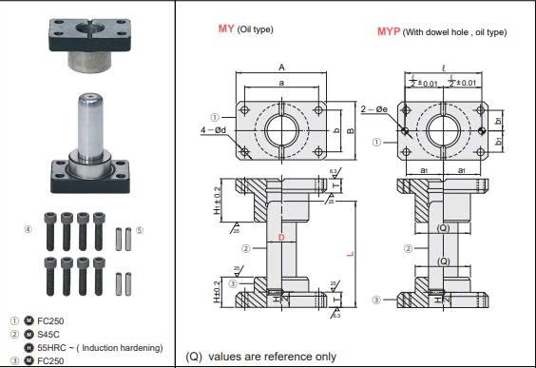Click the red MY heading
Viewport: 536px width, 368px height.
pyautogui.click(x=227, y=29)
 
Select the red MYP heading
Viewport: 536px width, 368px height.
pyautogui.click(x=388, y=31)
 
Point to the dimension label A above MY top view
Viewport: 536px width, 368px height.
pyautogui.click(x=282, y=67)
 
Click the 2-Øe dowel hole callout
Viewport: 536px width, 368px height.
pyautogui.click(x=373, y=109)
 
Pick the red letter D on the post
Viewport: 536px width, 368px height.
pyautogui.click(x=280, y=236)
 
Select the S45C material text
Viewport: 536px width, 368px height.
pyautogui.click(x=49, y=334)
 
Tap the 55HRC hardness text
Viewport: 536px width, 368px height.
pyautogui.click(x=95, y=348)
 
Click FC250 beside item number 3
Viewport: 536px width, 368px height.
pyautogui.click(x=51, y=360)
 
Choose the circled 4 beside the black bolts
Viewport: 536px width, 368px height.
pyautogui.click(x=28, y=229)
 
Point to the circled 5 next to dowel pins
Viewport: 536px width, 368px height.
pyautogui.click(x=139, y=229)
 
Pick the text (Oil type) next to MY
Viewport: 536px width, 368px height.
pyautogui.click(x=256, y=29)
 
